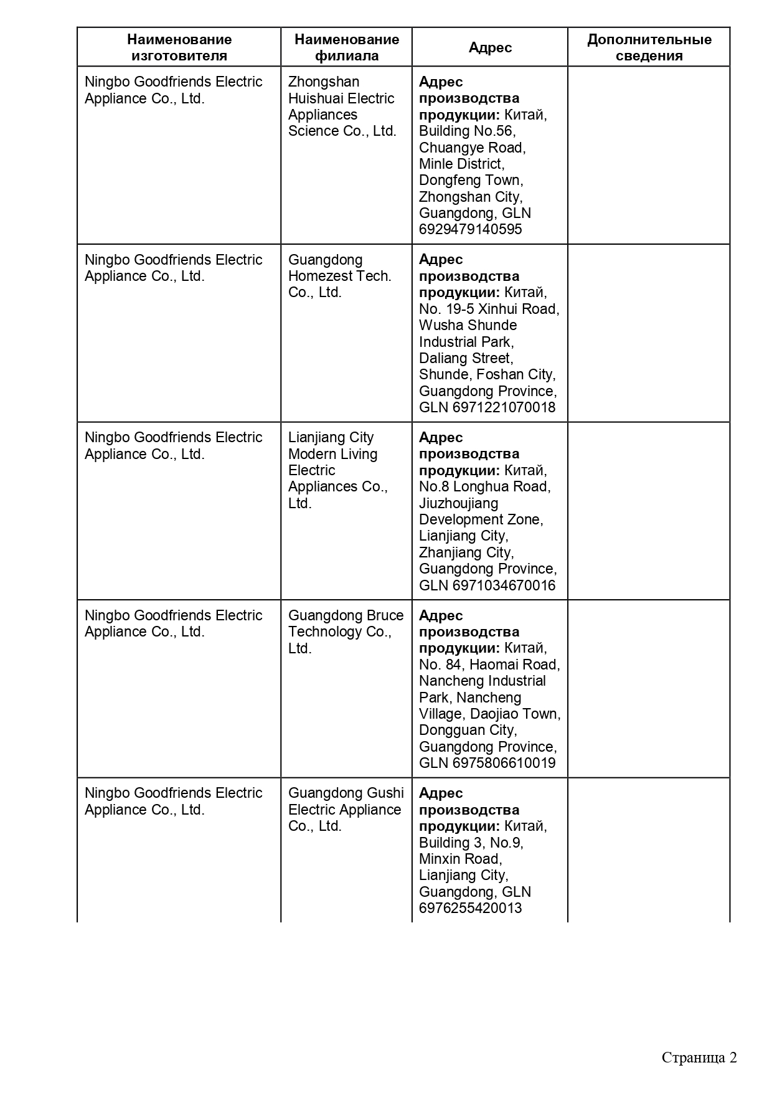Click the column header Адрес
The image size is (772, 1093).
[x=490, y=47]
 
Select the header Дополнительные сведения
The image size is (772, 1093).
[x=649, y=47]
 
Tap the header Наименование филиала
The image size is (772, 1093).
[x=347, y=47]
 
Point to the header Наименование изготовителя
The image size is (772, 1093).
[x=179, y=47]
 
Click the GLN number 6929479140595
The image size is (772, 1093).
[x=470, y=229]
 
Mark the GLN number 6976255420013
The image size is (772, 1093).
[x=470, y=907]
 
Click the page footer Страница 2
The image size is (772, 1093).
[x=699, y=1058]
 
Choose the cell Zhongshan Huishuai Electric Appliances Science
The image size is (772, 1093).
[x=342, y=106]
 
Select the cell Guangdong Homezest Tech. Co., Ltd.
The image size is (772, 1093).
[x=340, y=276]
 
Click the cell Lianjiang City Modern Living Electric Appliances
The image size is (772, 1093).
[x=338, y=470]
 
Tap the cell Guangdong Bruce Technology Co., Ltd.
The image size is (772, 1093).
[x=346, y=632]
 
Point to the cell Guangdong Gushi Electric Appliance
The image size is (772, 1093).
[x=346, y=809]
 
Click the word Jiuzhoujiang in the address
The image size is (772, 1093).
[x=458, y=503]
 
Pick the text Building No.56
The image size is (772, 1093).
[x=466, y=131]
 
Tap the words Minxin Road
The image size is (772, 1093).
[x=460, y=859]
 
